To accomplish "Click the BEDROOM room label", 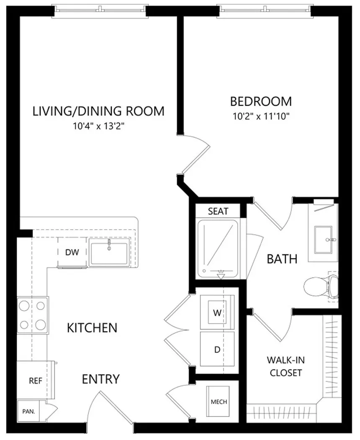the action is tap(261, 101).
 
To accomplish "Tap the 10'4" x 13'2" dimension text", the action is tap(99, 126).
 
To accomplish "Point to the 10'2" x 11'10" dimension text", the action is tap(261, 116).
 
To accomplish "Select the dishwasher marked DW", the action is tap(72, 252).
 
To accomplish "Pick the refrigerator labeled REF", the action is tap(35, 380).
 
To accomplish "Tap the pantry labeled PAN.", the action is tap(28, 412).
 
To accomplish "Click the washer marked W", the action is tap(217, 312).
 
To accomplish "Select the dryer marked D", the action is tap(217, 349).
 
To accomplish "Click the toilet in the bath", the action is tap(321, 287).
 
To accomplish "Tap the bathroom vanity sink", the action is tap(323, 240).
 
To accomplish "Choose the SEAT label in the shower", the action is tap(218, 211).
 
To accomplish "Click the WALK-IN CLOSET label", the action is tap(286, 366).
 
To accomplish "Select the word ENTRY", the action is tap(101, 379).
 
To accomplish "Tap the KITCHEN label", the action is tap(92, 328).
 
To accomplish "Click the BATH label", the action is tap(282, 259).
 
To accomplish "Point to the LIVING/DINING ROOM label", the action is tap(98, 111).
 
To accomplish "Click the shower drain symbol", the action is tap(221, 275).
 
